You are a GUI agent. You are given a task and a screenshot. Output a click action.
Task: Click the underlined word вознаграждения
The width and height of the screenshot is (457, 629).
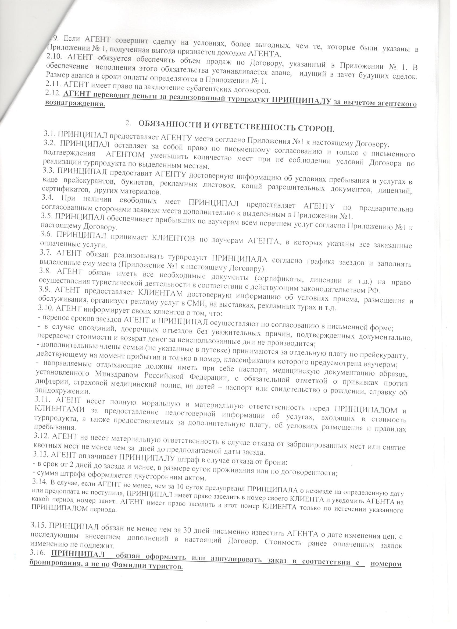75,104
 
